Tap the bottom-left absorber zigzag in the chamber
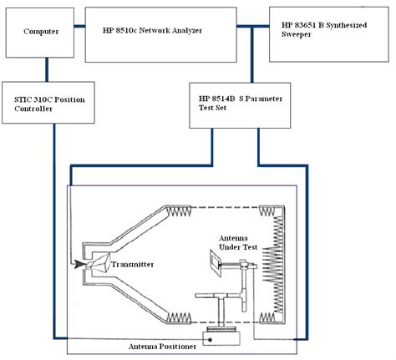[181, 317]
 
